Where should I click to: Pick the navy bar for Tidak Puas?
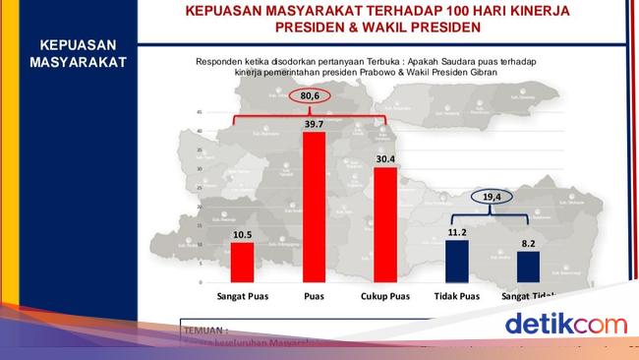point(457,261)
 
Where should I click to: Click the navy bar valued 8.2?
point(528,267)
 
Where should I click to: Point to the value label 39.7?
point(315,124)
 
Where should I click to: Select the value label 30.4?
point(385,159)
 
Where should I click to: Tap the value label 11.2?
point(458,232)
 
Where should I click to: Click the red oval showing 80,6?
point(312,96)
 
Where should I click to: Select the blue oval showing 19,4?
point(493,197)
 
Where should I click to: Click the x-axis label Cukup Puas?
point(385,295)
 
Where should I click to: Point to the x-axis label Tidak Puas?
point(457,295)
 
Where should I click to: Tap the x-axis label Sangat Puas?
point(243,295)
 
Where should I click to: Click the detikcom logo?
point(565,324)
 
